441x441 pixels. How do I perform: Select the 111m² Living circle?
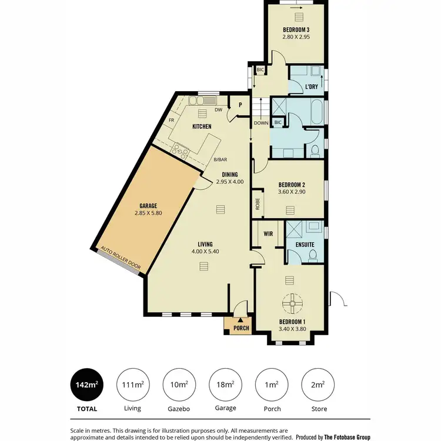point(133,385)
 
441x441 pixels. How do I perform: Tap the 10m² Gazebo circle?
point(179,385)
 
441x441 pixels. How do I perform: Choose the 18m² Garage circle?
point(225,385)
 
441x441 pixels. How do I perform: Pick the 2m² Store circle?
point(318,385)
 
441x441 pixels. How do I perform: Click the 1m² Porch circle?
point(272,385)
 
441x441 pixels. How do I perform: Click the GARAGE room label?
point(148,206)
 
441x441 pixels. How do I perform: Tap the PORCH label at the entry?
point(241,328)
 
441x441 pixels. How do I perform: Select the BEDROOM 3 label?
point(296,29)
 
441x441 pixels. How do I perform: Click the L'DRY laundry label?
point(312,87)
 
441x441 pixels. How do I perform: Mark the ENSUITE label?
point(305,244)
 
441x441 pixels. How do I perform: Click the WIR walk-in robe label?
point(268,233)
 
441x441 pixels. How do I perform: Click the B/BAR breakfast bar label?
point(220,159)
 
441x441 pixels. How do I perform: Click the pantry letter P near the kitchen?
point(240,105)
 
